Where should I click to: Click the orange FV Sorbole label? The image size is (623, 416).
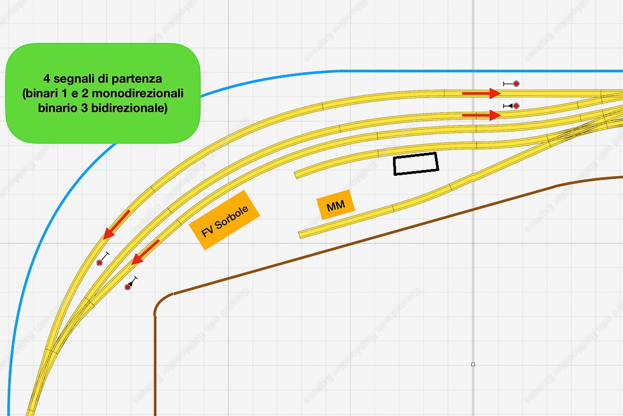224,220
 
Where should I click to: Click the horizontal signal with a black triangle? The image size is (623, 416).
511,106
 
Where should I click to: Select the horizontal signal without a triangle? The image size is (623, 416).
511,83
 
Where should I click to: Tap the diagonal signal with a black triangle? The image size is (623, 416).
131,283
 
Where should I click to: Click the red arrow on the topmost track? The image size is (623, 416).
480,93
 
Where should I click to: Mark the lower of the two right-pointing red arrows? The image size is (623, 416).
480,115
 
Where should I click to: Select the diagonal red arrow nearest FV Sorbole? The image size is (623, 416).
145,252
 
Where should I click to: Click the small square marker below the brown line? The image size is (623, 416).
473,365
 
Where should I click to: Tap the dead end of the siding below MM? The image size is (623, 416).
300,235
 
